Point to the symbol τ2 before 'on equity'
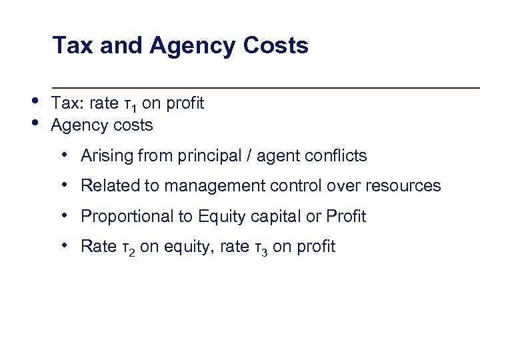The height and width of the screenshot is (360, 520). point(129,247)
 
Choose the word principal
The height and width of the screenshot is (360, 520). point(203,156)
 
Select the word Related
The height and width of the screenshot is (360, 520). point(107,185)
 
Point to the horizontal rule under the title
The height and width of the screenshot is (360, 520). point(266,87)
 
